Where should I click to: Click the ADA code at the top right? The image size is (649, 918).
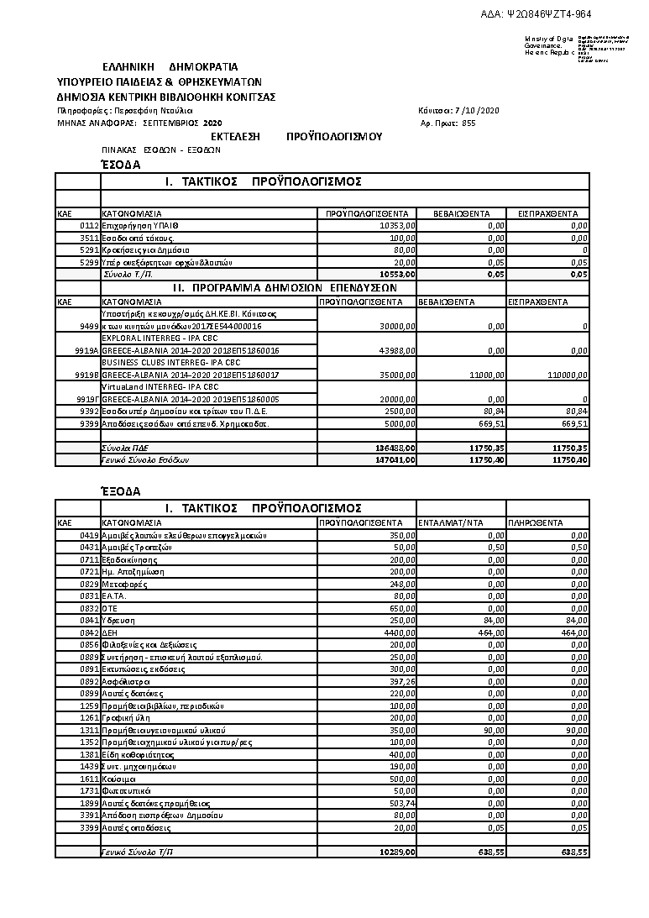tap(559, 14)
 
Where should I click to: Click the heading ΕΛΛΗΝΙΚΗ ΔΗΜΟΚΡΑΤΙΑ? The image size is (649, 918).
tap(170, 66)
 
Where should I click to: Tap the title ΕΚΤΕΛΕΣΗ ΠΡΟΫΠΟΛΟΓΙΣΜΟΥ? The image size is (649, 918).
tap(296, 136)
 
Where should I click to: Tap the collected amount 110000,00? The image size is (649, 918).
tap(567, 375)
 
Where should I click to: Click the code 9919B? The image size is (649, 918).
tap(87, 375)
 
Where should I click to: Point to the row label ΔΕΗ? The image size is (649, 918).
tap(110, 632)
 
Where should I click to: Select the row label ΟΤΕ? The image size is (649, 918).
tap(110, 607)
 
